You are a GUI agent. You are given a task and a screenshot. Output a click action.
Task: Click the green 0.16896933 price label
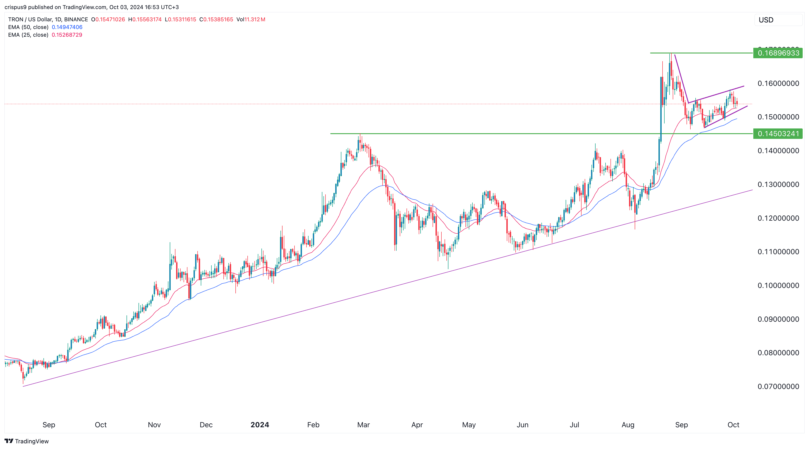[x=778, y=53]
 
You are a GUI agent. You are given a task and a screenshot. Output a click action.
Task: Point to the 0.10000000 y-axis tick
[x=778, y=285]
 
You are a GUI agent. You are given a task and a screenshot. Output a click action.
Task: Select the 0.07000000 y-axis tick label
[x=778, y=386]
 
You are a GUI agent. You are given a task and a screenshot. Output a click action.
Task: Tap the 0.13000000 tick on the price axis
[x=778, y=184]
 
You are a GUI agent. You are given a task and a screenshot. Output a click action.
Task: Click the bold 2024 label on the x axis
[x=260, y=425]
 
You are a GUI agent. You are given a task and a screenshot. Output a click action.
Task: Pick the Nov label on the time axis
[x=154, y=425]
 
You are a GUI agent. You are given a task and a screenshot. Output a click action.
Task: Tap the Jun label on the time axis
[x=522, y=425]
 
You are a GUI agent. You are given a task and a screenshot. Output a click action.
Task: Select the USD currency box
[x=778, y=20]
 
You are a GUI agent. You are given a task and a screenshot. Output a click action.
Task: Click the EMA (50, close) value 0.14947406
[x=67, y=27]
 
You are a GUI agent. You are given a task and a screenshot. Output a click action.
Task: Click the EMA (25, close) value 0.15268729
[x=67, y=35]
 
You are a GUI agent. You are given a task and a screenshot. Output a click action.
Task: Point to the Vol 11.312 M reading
[x=251, y=19]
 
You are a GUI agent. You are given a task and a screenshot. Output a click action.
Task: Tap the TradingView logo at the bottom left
[x=27, y=441]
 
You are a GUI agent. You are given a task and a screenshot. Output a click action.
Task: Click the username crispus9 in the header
[x=15, y=7]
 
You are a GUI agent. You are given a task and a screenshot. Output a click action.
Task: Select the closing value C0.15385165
[x=216, y=19]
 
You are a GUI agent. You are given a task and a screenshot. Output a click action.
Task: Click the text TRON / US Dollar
[x=30, y=19]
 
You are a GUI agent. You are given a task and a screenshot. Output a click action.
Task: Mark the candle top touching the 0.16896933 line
[x=670, y=54]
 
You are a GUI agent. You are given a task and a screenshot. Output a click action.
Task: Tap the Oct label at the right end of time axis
[x=733, y=425]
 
